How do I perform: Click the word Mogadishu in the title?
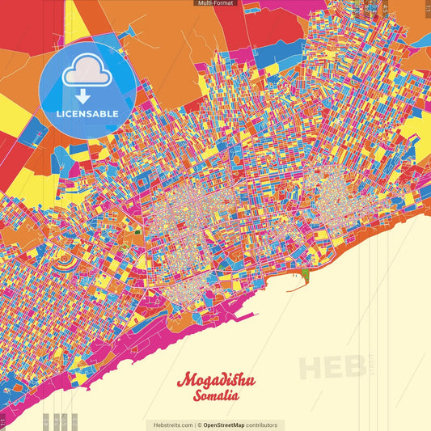coord(214,380)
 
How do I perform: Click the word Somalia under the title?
coord(215,396)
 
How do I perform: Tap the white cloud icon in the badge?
coord(87,71)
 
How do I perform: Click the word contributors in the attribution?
coord(262,425)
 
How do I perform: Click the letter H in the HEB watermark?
coord(312,367)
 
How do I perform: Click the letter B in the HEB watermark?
coord(353,367)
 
